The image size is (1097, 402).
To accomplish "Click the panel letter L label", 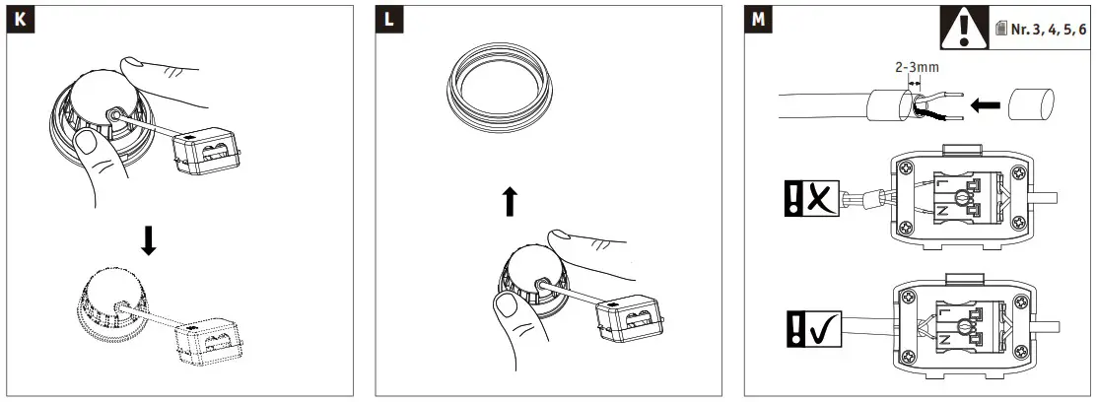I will pos(388,20).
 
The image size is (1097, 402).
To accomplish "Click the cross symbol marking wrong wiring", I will pos(817,199).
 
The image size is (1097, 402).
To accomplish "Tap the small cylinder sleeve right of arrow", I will pos(1032,102).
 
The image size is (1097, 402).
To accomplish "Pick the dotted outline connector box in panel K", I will pos(212,341).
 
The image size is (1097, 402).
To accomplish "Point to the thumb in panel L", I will pos(508,320).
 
